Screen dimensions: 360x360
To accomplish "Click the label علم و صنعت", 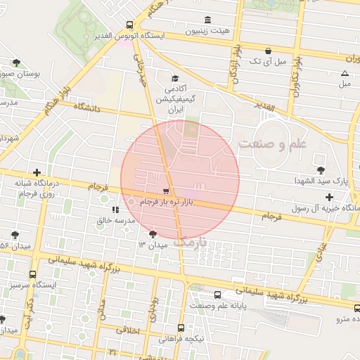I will coord(274,143).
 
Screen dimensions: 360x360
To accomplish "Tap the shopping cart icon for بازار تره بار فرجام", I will coord(165,191).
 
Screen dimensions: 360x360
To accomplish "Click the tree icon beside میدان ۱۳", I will coord(153,234).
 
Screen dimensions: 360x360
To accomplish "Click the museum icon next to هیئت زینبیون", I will coord(207,20).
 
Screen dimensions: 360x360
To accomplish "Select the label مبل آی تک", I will coord(271,62).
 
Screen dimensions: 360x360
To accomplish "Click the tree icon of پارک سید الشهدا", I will coord(321,169).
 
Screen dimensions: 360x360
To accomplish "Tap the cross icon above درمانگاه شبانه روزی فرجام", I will coord(37,172).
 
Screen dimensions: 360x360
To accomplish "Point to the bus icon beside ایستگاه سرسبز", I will coord(32,275).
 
